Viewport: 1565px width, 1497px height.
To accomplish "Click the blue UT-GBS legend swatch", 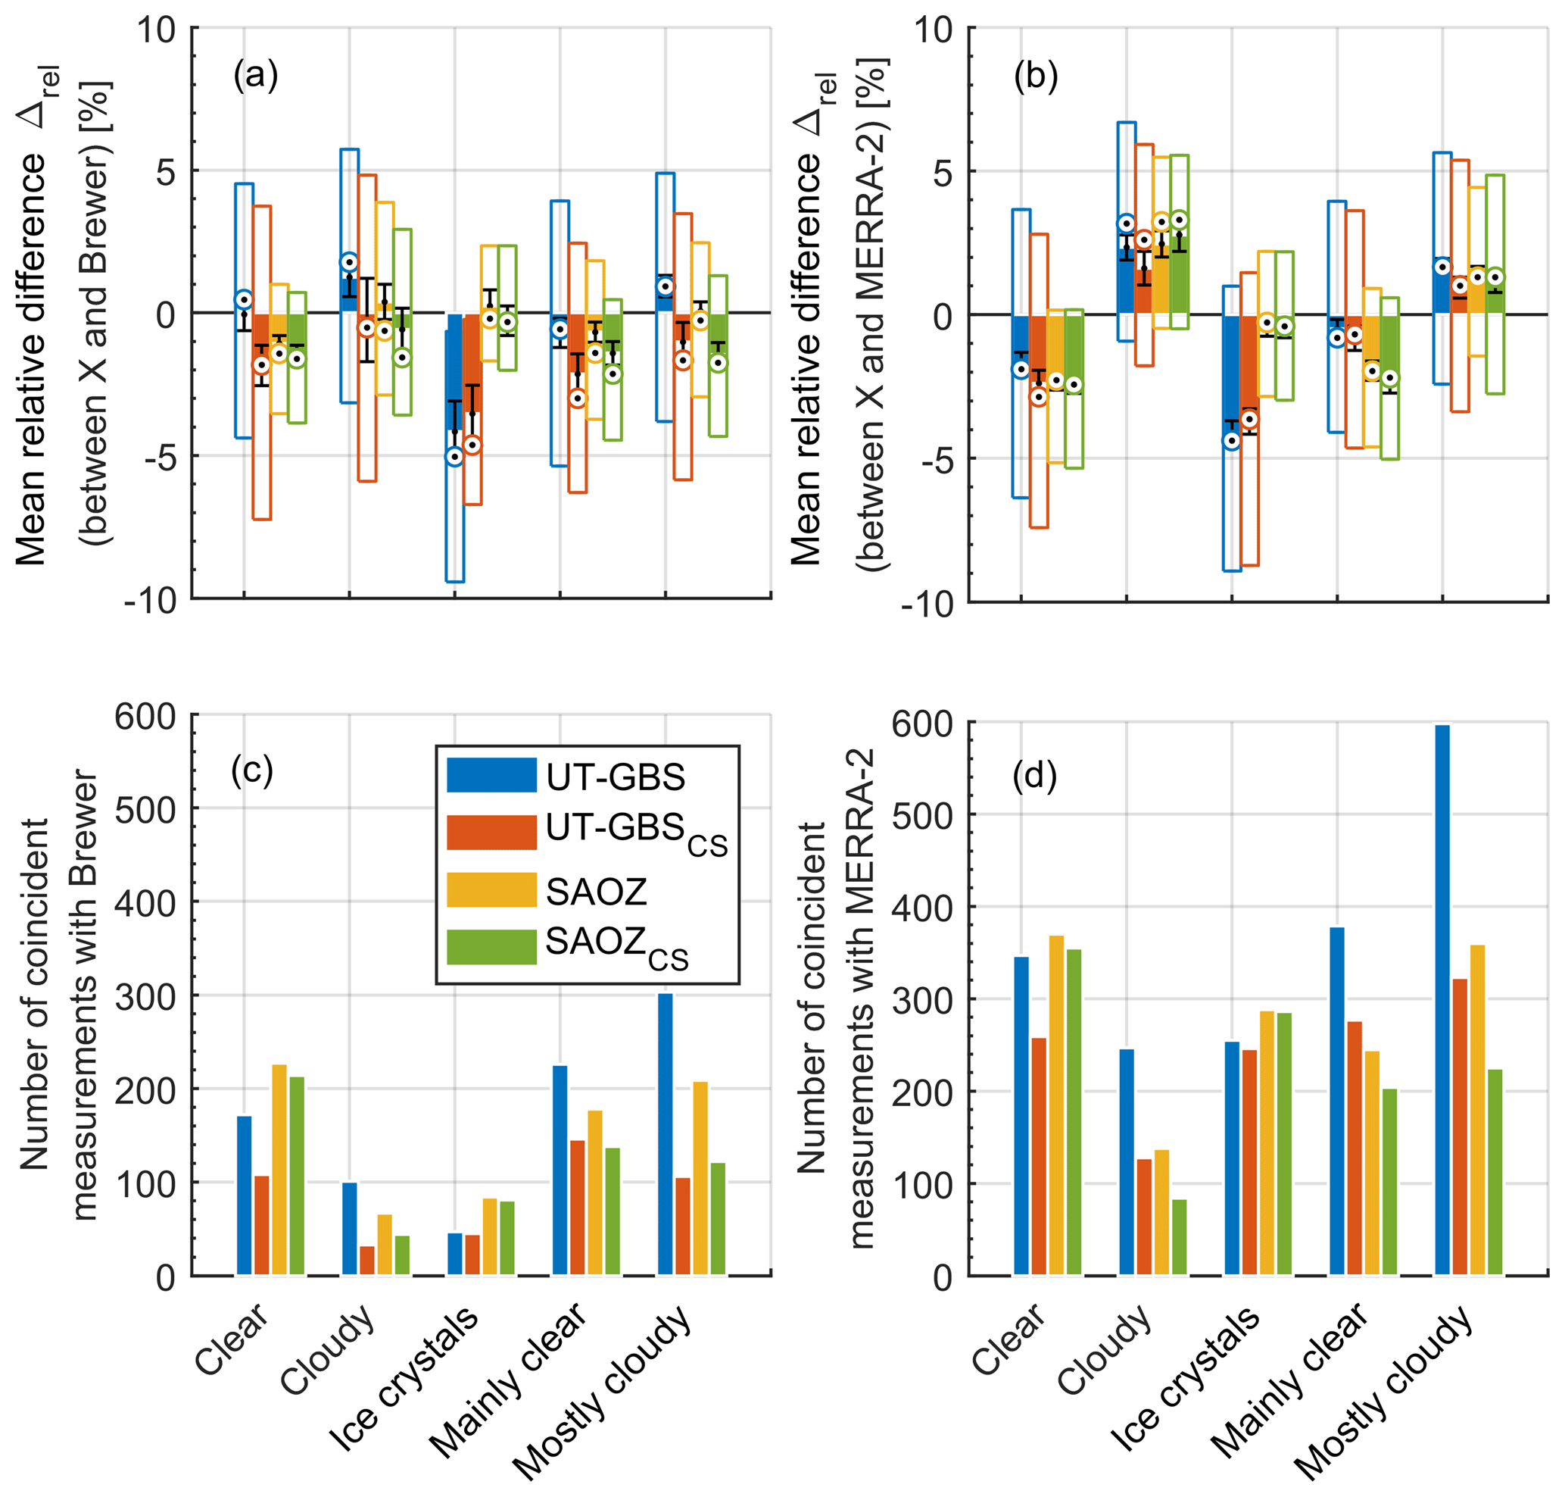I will [491, 775].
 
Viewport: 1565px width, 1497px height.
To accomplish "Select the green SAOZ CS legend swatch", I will [491, 946].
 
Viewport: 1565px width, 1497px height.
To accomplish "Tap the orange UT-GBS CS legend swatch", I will [491, 833].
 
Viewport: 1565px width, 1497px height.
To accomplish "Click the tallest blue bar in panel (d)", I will [1442, 998].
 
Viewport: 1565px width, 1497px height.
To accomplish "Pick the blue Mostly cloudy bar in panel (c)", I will [665, 1133].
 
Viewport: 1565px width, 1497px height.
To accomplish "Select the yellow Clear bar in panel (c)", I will [279, 1169].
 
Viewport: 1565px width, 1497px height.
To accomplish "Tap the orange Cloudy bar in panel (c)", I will [367, 1260].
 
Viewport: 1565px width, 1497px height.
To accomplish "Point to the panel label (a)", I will [255, 76].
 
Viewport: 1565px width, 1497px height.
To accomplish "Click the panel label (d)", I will [1033, 776].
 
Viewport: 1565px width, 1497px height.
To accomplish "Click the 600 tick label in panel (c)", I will [145, 717].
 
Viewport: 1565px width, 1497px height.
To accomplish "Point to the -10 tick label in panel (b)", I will [927, 605].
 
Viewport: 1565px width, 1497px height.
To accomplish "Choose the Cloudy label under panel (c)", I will [327, 1349].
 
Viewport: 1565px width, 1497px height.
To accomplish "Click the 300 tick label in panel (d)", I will [922, 1000].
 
